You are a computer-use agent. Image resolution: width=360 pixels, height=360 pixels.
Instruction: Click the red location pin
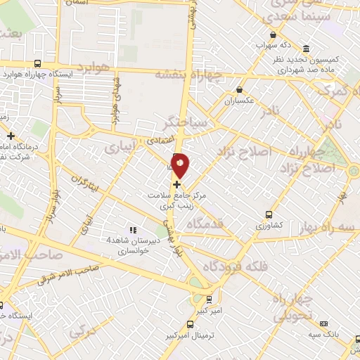(x=181, y=165)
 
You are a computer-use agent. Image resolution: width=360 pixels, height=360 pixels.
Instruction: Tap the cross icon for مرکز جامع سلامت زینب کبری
(x=176, y=184)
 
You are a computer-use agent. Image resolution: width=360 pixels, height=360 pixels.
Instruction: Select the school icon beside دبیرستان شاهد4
(x=131, y=230)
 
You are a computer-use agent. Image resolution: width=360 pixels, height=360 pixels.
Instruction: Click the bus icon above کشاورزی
(x=269, y=215)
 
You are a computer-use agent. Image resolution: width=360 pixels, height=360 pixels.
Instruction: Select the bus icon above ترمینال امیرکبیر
(x=191, y=324)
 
